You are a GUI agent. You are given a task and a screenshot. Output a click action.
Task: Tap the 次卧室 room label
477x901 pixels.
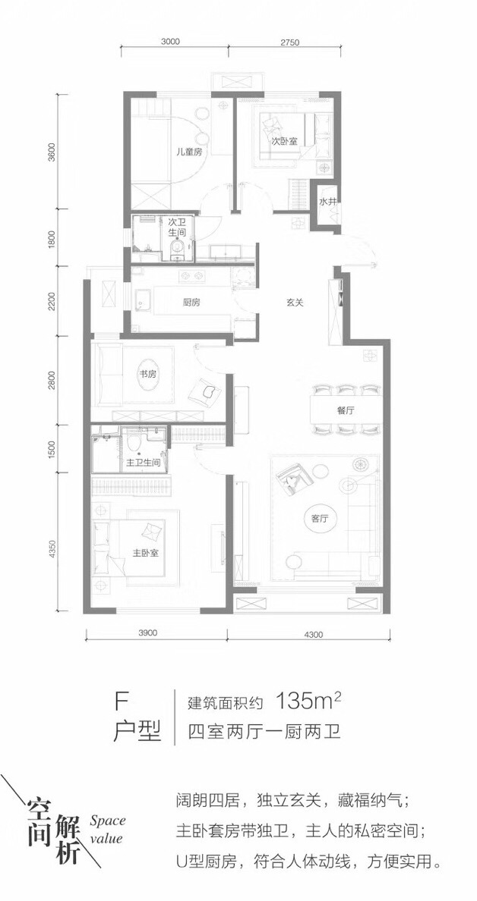(x=284, y=141)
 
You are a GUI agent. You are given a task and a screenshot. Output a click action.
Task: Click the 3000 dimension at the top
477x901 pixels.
(x=172, y=42)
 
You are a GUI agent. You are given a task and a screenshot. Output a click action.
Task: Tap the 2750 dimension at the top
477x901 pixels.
(x=292, y=42)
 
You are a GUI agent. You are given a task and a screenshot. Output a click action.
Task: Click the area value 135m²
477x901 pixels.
(x=309, y=702)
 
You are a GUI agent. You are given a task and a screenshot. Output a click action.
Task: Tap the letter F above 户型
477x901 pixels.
(x=121, y=702)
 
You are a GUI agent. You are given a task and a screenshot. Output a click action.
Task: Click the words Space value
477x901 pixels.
(x=107, y=829)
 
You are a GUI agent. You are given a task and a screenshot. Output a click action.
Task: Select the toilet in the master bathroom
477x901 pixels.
(x=134, y=443)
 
